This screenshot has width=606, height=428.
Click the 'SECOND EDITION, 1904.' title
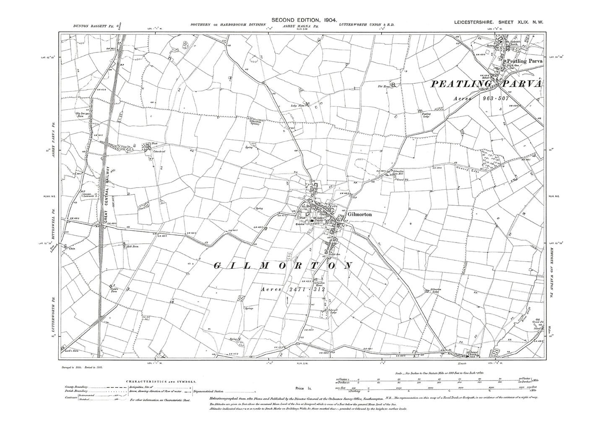(x=302, y=20)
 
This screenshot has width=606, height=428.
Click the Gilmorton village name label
(x=359, y=214)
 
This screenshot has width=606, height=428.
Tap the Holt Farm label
(x=133, y=247)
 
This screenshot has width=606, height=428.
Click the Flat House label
(x=380, y=87)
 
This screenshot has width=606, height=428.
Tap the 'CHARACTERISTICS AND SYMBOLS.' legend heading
(x=161, y=382)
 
